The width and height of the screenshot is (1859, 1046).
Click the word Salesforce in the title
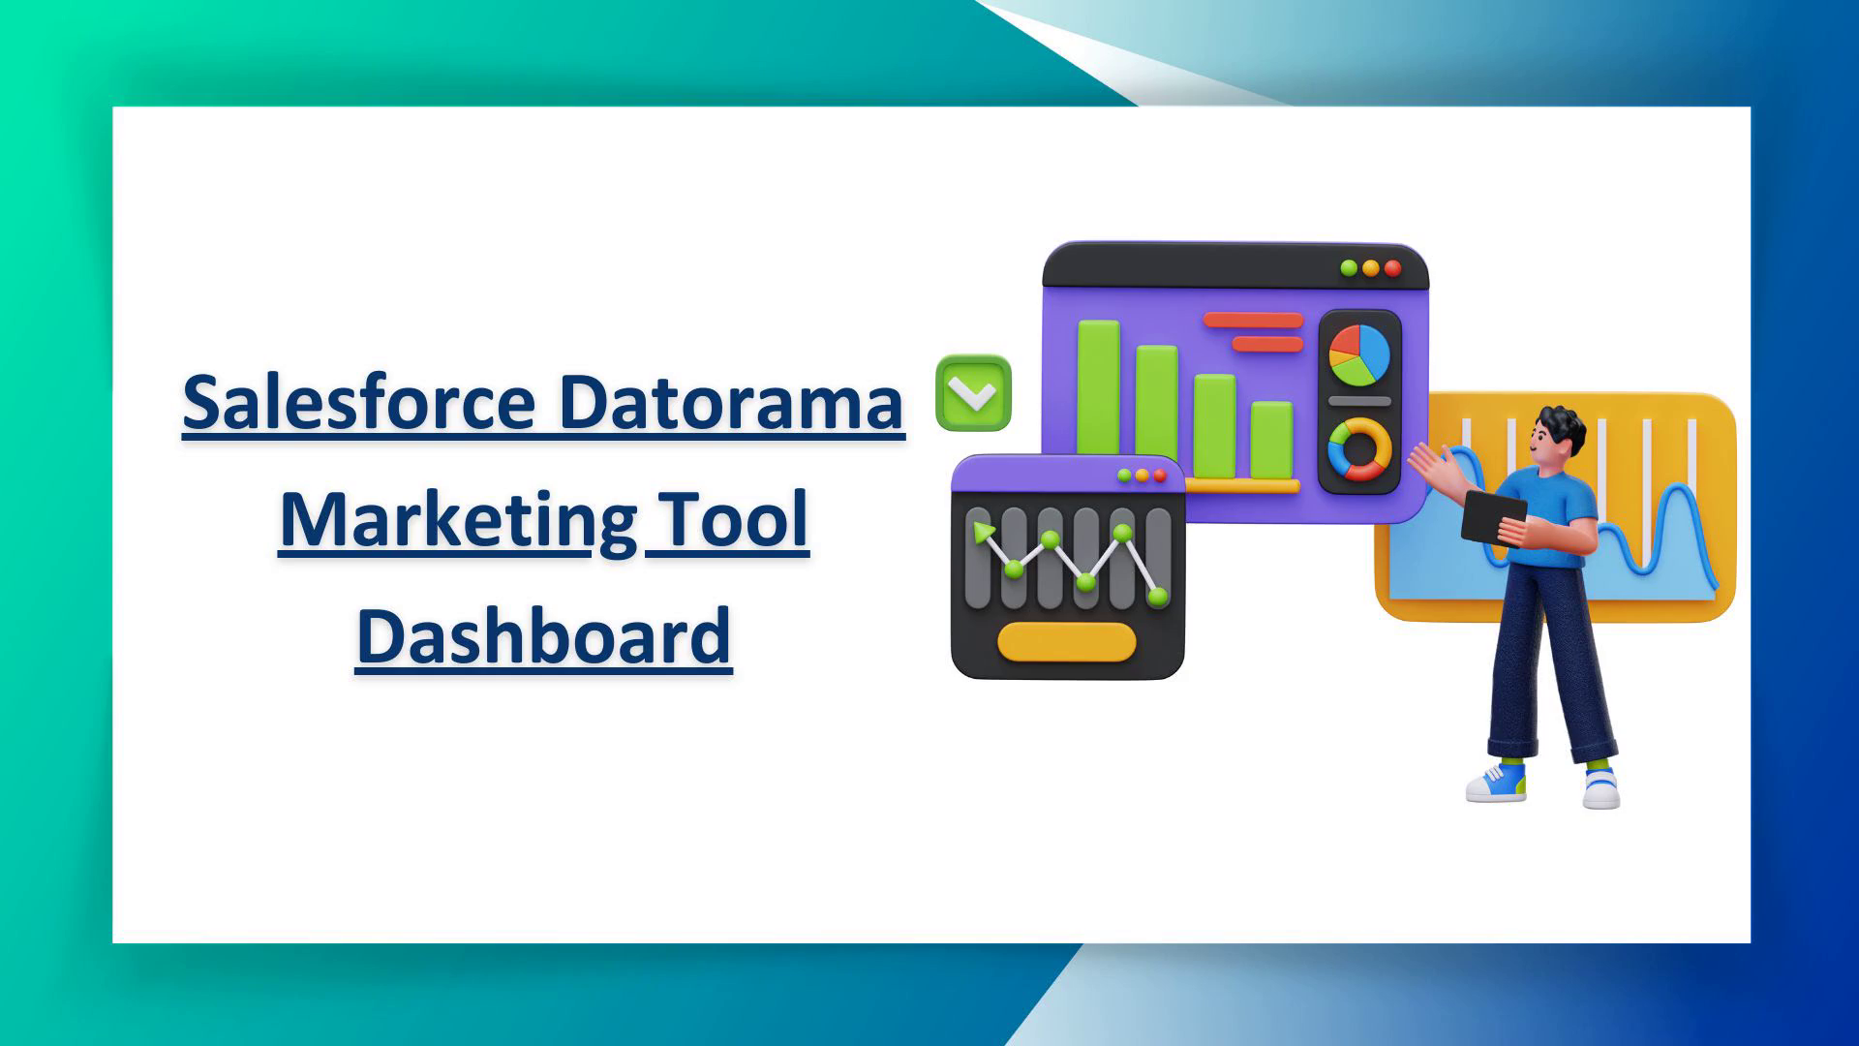[x=358, y=401]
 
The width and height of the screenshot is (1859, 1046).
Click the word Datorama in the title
[x=731, y=401]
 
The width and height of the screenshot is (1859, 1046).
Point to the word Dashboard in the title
[x=544, y=636]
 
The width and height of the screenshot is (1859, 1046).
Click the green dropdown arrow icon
[x=973, y=393]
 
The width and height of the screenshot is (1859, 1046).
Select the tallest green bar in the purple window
[x=1098, y=399]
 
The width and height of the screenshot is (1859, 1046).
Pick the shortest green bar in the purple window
[x=1271, y=440]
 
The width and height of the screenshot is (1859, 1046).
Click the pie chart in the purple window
[x=1358, y=354]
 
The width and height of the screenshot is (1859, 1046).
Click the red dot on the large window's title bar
[x=1392, y=268]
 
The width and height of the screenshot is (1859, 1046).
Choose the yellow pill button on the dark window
[x=1066, y=642]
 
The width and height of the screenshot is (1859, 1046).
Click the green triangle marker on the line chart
[x=984, y=532]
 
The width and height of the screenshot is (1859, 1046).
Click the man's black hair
[x=1562, y=427]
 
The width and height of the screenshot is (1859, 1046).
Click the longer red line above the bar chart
[x=1253, y=320]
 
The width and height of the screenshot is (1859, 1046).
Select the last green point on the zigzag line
[x=1157, y=597]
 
